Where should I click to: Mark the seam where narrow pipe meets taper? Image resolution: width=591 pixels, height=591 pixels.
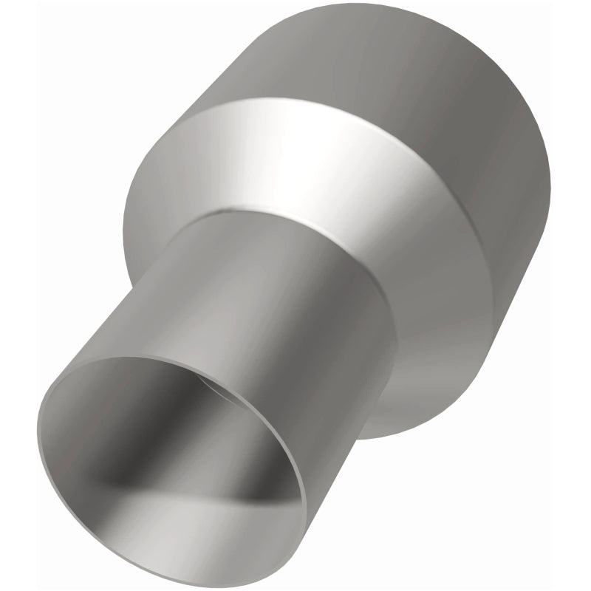(x=295, y=222)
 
